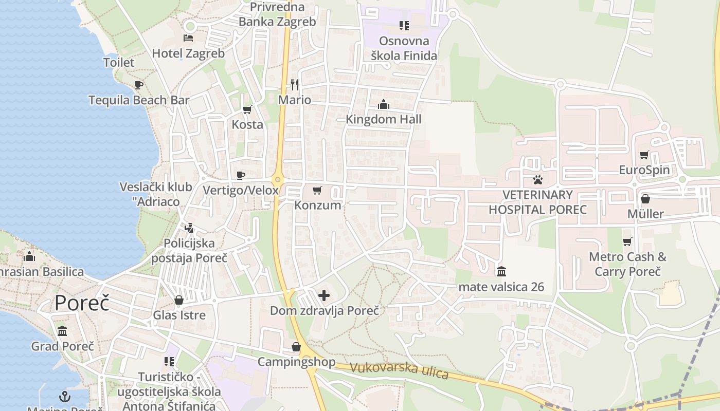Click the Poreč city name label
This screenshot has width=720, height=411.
[x=82, y=303]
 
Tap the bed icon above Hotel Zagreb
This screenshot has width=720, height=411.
[x=188, y=38]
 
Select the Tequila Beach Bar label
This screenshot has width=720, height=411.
[x=139, y=100]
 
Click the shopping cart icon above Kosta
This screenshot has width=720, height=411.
[x=247, y=109]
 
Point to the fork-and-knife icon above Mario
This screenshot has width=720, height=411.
[x=295, y=84]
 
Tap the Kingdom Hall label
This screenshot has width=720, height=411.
[x=384, y=120]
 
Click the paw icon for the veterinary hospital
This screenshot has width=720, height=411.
[x=538, y=180]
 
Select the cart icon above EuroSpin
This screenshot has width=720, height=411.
[x=644, y=155]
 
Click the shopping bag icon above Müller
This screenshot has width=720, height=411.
[x=645, y=199]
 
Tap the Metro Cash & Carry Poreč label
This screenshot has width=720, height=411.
[x=627, y=264]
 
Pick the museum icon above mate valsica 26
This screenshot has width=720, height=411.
[x=501, y=271]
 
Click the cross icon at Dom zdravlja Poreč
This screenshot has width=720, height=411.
[x=324, y=295]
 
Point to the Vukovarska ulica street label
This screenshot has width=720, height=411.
[x=399, y=370]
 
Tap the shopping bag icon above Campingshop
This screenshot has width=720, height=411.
[x=296, y=347]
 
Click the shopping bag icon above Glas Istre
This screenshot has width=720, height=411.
[x=179, y=300]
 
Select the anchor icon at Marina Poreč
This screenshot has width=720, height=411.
[x=65, y=397]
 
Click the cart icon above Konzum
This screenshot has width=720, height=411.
[x=317, y=191]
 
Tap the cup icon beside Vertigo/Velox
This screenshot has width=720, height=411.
[x=240, y=176]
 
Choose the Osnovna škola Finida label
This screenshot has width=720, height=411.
[x=404, y=48]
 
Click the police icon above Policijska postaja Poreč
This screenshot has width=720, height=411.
[x=189, y=228]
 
